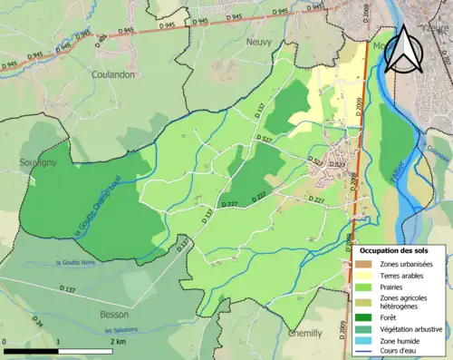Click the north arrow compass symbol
tap(406, 50)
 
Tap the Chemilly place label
tap(304, 333)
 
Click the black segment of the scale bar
tap(32, 351)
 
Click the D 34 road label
tap(37, 322)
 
